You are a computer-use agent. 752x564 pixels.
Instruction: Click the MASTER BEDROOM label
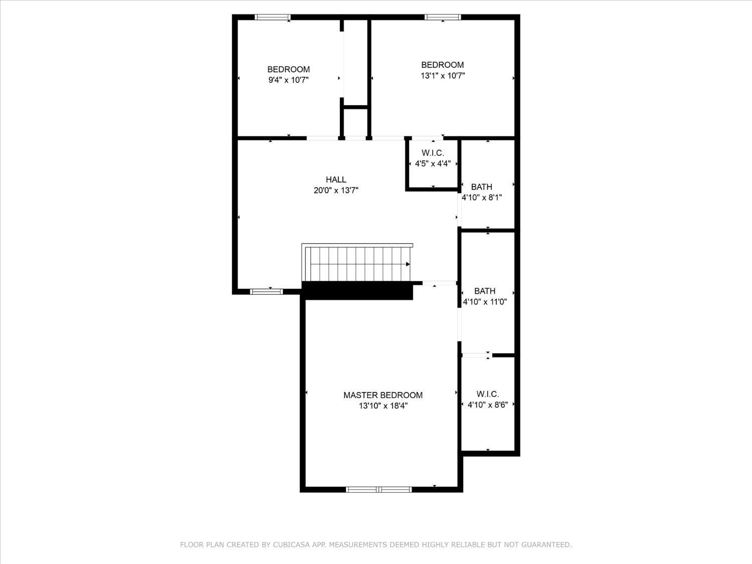click(383, 395)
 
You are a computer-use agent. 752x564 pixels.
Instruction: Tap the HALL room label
click(336, 179)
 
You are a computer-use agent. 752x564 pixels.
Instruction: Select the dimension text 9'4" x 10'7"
click(288, 80)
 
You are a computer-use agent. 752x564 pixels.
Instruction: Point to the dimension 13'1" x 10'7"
click(443, 76)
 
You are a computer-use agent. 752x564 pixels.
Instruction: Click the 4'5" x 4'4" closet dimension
click(433, 164)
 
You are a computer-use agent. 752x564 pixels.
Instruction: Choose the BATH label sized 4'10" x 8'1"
click(481, 187)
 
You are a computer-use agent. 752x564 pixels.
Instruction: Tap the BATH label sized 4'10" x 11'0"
click(485, 291)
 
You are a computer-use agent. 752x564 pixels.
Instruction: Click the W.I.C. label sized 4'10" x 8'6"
click(487, 394)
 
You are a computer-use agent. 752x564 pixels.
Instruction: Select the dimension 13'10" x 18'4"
click(383, 406)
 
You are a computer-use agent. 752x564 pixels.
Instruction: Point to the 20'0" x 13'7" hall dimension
click(336, 190)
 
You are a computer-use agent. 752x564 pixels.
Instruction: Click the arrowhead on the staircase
click(408, 264)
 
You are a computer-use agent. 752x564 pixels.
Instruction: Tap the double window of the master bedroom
click(379, 490)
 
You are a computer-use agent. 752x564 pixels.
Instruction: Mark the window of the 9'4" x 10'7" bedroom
click(273, 17)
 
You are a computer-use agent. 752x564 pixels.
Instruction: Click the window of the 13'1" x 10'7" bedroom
click(443, 17)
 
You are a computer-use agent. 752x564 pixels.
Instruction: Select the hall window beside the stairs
click(267, 292)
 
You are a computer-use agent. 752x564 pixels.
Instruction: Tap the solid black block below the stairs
click(357, 291)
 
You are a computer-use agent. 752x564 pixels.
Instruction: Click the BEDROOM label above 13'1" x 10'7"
click(442, 65)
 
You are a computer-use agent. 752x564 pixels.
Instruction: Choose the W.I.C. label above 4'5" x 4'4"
click(433, 153)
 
